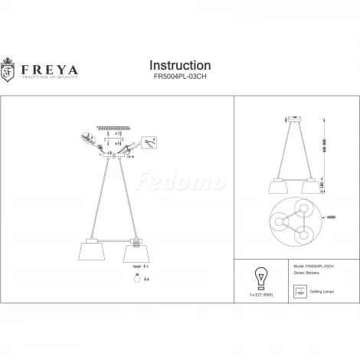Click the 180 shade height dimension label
tap(326, 185)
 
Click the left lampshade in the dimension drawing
tap(279, 188)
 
